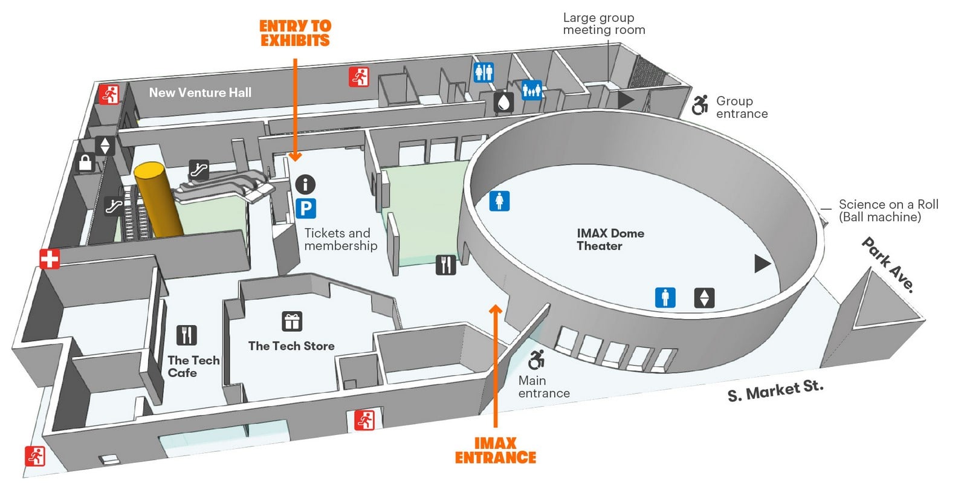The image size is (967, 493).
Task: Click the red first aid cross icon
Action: (50, 259)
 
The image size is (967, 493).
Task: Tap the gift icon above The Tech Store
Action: (292, 321)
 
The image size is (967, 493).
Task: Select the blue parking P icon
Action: (306, 208)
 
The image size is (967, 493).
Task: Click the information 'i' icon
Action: (305, 184)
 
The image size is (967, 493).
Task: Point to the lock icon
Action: (85, 163)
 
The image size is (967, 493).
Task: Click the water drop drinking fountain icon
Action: (504, 103)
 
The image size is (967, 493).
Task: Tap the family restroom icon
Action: (532, 90)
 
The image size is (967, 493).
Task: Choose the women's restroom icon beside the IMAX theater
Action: (499, 201)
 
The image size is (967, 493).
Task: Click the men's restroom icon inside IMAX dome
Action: (665, 297)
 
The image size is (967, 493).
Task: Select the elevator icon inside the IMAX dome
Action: (704, 298)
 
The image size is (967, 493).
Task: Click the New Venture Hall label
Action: (200, 92)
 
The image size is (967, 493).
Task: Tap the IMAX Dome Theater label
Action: (610, 240)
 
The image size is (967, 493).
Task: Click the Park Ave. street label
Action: (888, 265)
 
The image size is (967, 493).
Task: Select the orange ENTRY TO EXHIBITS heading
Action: (296, 33)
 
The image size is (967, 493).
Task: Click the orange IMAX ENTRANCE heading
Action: (496, 450)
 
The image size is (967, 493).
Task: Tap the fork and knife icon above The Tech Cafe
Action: (187, 335)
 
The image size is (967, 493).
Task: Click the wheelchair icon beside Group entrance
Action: (700, 105)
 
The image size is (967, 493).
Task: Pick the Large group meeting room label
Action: (604, 24)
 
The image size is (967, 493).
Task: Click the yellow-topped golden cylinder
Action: (158, 199)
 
